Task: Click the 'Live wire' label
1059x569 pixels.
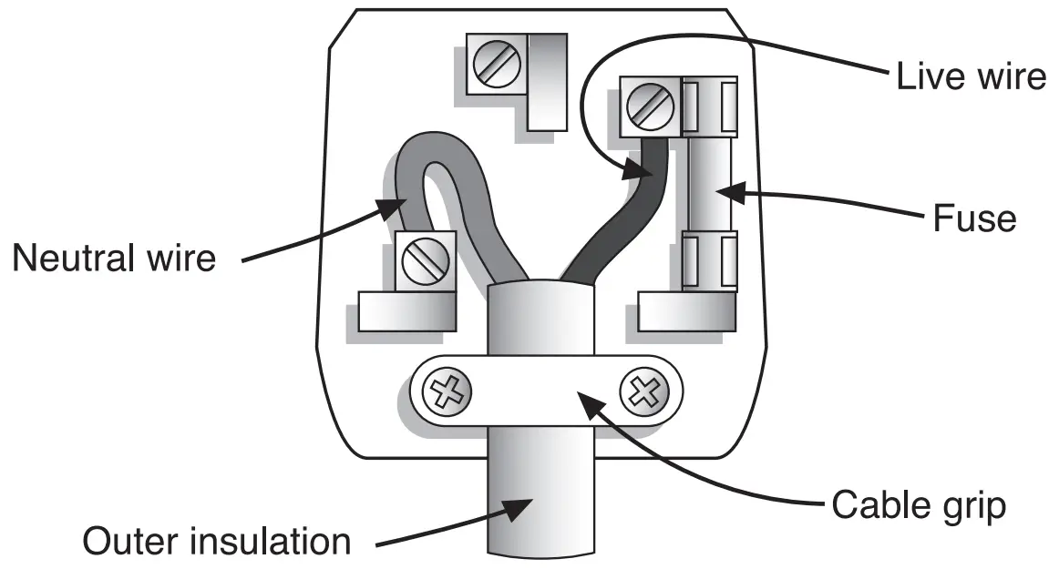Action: (x=970, y=76)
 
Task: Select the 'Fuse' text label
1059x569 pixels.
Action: (x=972, y=218)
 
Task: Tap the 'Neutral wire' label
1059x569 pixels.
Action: (x=114, y=258)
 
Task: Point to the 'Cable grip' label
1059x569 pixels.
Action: (x=919, y=504)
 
